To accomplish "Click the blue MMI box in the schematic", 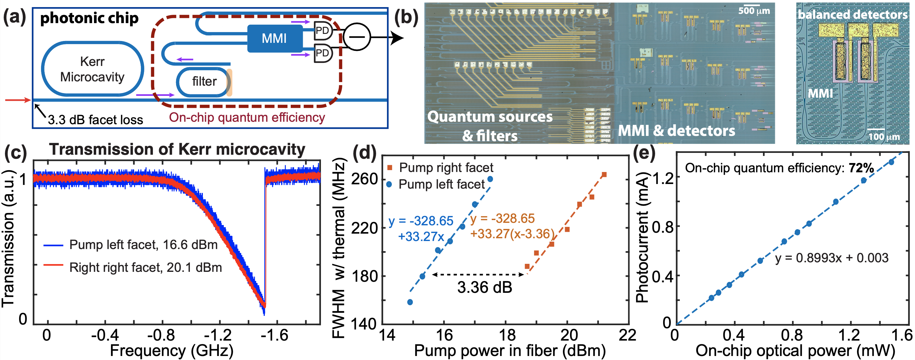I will tap(274, 38).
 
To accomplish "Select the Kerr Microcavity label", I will tap(92, 69).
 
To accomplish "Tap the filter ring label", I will tap(204, 82).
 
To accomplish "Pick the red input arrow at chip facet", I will tap(18, 100).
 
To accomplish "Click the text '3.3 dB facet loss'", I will tap(95, 120).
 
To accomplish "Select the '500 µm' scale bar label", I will tap(754, 11).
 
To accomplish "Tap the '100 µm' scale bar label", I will tap(884, 137).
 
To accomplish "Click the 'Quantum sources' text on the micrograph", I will tap(490, 117).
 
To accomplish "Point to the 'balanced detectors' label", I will tap(852, 14).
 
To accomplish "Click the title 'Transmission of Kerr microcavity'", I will tap(177, 149).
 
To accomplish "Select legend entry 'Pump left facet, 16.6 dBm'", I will tap(143, 245).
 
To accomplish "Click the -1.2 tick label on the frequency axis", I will tap(220, 335).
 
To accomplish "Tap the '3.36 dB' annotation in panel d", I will tap(485, 287).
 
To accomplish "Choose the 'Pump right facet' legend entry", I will tap(446, 168).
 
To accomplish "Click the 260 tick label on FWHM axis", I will tap(364, 178).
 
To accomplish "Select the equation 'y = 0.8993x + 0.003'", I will tap(831, 258).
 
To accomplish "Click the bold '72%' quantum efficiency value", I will tap(861, 168).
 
